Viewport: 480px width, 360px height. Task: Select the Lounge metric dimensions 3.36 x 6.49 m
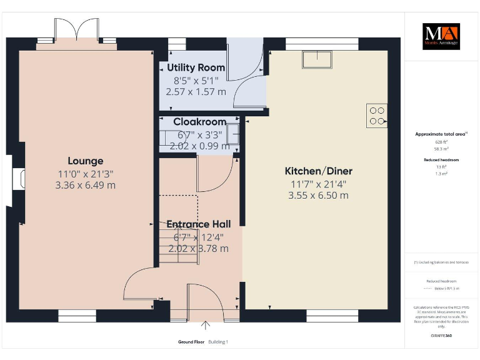[x=85, y=185]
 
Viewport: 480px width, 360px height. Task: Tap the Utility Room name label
[x=196, y=67]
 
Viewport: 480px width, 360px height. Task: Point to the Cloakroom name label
[x=199, y=122]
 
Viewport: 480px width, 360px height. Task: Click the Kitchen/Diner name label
[x=318, y=171]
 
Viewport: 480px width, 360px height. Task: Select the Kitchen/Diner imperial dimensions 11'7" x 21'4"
[x=318, y=184]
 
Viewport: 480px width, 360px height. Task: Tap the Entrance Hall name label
[x=198, y=224]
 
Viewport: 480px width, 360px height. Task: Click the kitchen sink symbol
[x=318, y=59]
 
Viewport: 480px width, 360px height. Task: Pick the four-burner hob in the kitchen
[x=377, y=116]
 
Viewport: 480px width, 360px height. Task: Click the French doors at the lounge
[x=76, y=31]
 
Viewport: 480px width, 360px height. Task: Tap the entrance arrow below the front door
[x=206, y=325]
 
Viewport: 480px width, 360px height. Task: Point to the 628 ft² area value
[x=442, y=142]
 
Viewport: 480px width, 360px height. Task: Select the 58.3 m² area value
[x=442, y=149]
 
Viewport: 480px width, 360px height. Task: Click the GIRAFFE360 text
[x=441, y=336]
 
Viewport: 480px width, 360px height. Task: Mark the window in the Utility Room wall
[x=177, y=44]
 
